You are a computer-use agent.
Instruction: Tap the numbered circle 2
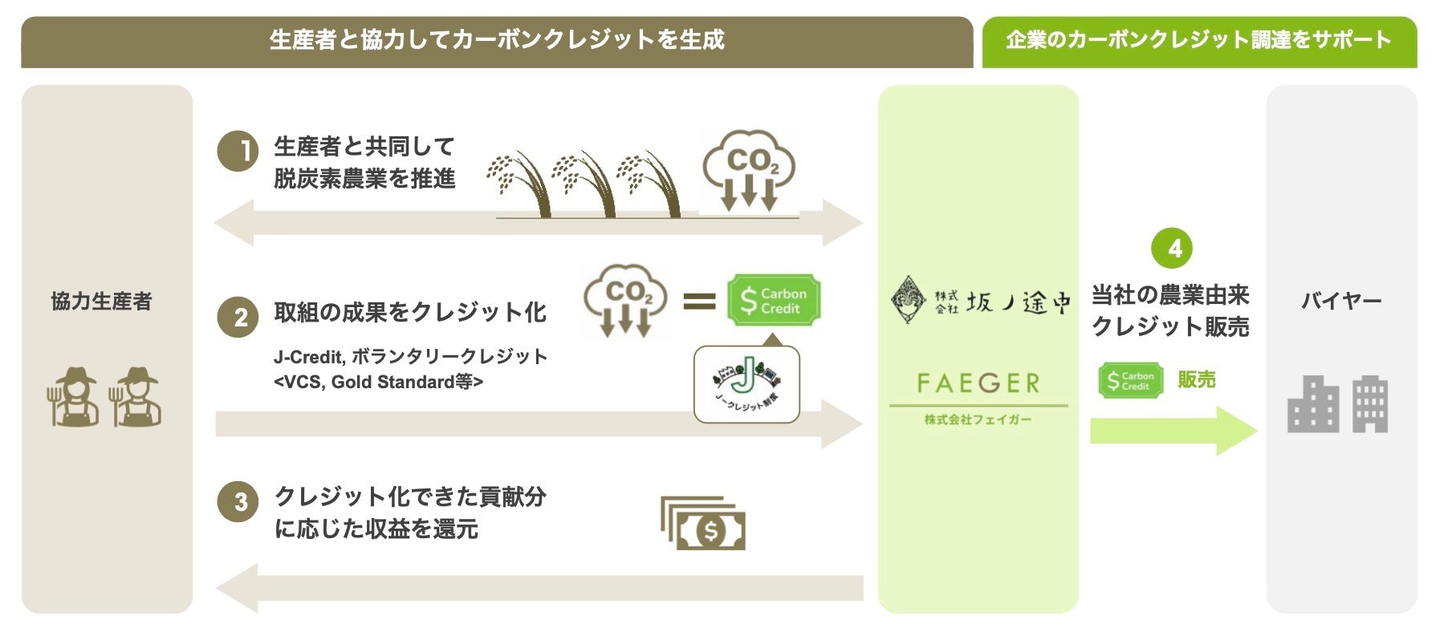tap(238, 318)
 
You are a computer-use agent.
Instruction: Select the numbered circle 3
tap(238, 502)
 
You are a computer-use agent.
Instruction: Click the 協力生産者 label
tap(101, 302)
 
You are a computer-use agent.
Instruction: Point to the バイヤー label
tap(1340, 302)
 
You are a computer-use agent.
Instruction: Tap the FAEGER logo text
tap(978, 383)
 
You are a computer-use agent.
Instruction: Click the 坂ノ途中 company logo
tap(979, 302)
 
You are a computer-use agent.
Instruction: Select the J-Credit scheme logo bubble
tap(746, 384)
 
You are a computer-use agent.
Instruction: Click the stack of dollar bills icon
tap(703, 523)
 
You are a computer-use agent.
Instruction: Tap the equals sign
tap(698, 302)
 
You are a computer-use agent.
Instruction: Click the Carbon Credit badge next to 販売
tap(1130, 381)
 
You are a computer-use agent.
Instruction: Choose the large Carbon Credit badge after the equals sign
tap(774, 301)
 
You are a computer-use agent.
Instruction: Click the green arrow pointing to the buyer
tap(1172, 431)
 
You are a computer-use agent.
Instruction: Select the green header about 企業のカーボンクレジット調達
tap(1198, 41)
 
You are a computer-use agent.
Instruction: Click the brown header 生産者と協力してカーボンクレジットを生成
tap(497, 41)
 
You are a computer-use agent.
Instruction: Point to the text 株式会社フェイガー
tap(978, 419)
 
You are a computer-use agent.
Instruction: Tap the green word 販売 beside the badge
tap(1196, 380)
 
